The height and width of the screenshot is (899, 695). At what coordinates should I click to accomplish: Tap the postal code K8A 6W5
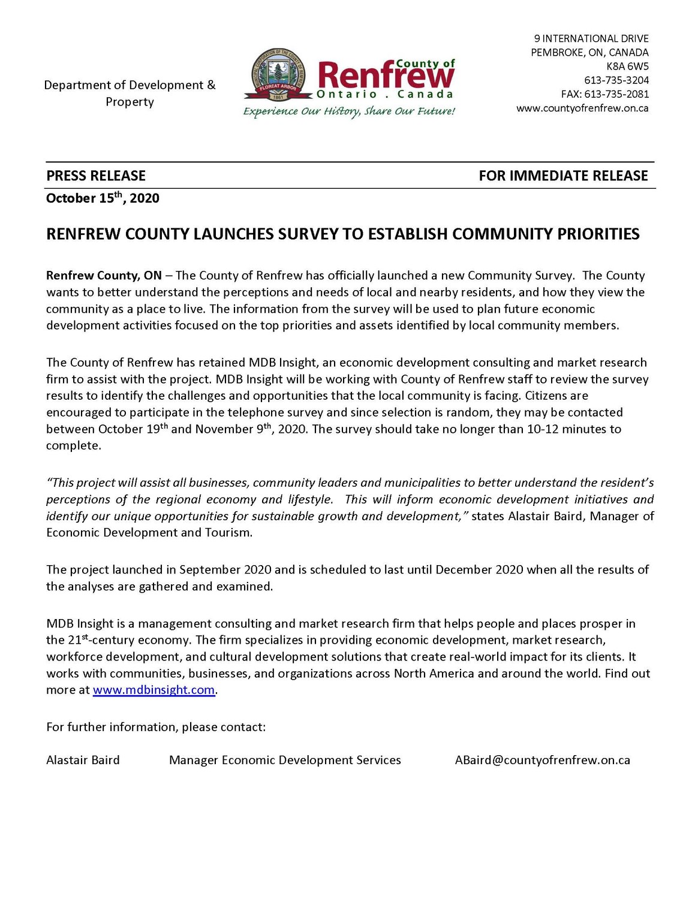(627, 67)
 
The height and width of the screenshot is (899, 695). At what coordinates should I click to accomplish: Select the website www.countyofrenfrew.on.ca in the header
(582, 108)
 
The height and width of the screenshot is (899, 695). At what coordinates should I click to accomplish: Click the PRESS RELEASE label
(96, 176)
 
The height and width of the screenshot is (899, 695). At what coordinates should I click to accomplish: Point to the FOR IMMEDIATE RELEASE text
(563, 176)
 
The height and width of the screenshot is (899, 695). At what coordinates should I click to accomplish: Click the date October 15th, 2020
(103, 198)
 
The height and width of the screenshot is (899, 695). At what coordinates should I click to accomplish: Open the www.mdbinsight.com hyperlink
(154, 690)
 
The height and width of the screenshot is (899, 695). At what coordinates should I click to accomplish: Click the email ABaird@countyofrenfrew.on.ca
(542, 760)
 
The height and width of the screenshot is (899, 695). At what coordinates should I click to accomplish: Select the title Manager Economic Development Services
(285, 760)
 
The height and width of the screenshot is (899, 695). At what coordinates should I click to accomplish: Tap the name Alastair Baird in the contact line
(83, 760)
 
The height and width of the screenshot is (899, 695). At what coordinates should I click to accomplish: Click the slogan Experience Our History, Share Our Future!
(349, 111)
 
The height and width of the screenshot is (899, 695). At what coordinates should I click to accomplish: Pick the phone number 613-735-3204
(616, 80)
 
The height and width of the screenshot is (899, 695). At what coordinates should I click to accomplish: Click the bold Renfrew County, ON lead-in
(104, 276)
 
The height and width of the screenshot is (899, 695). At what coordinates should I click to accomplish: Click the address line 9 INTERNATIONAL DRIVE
(591, 39)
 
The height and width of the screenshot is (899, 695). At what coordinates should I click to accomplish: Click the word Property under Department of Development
(130, 102)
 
